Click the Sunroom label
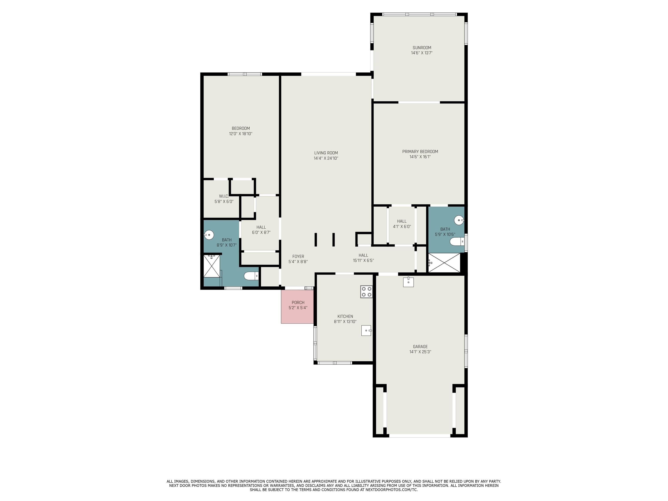pyautogui.click(x=422, y=48)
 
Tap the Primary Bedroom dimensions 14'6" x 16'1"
pyautogui.click(x=420, y=157)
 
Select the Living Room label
pyautogui.click(x=326, y=153)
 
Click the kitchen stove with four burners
pyautogui.click(x=366, y=292)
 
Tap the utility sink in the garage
pyautogui.click(x=408, y=282)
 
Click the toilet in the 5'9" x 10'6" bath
pyautogui.click(x=457, y=242)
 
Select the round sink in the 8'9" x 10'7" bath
pyautogui.click(x=209, y=234)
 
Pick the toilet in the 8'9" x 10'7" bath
pyautogui.click(x=251, y=276)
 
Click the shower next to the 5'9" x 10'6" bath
pyautogui.click(x=444, y=263)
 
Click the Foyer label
pyautogui.click(x=298, y=257)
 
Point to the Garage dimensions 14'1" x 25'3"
pyautogui.click(x=420, y=352)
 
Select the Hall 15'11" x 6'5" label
pyautogui.click(x=363, y=258)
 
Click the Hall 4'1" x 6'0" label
pyautogui.click(x=402, y=224)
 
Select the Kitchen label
pyautogui.click(x=345, y=316)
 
